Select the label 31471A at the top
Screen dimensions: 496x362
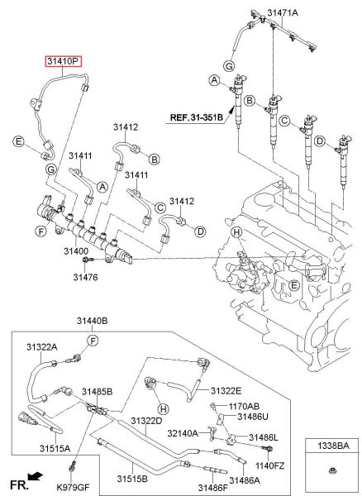[x=282, y=12]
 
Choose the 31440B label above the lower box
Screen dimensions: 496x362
[x=93, y=319]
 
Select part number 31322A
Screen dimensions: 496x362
[x=40, y=346]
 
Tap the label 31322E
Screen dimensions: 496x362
[x=226, y=390]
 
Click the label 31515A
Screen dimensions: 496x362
[x=55, y=448]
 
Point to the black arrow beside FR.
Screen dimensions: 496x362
[x=35, y=477]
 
